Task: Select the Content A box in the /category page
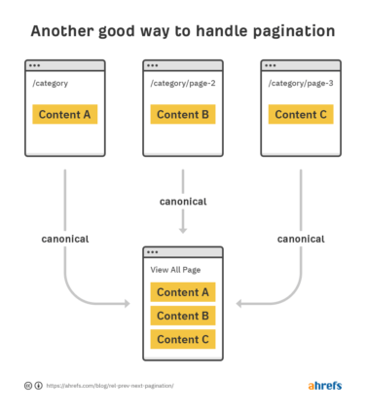[65, 114]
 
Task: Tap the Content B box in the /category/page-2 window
[183, 114]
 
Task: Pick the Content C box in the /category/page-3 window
[301, 114]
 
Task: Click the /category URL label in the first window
[51, 84]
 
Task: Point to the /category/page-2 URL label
[182, 84]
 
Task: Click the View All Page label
[176, 270]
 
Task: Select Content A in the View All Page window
[183, 292]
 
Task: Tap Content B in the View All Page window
[183, 316]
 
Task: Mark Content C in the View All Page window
[183, 339]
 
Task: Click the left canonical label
[66, 239]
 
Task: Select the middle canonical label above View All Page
[183, 202]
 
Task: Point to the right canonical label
[301, 239]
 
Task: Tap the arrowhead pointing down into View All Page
[183, 231]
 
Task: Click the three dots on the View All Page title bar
[154, 251]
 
